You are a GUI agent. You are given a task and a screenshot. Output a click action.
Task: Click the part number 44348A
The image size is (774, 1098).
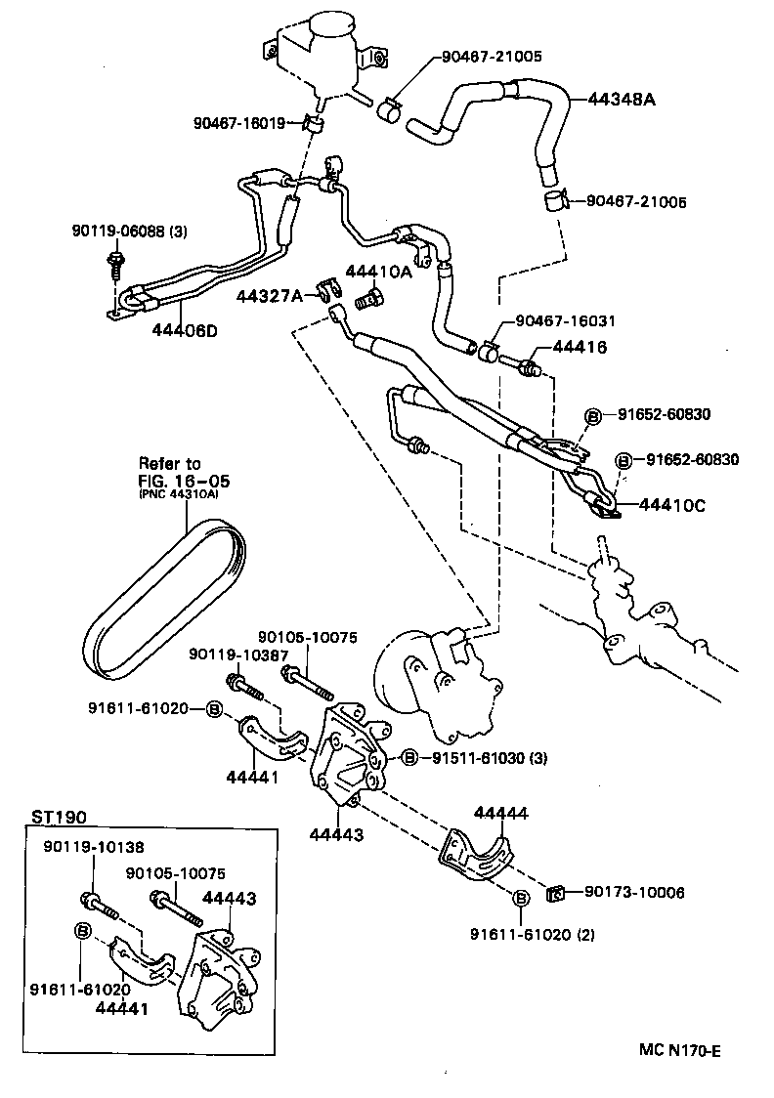coord(621,99)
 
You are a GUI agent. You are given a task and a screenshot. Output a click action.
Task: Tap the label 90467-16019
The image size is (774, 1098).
coord(239,123)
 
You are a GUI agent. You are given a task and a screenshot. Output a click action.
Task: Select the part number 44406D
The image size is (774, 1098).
coord(185,330)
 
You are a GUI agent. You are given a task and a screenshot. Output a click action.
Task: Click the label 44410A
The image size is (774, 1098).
coord(377,272)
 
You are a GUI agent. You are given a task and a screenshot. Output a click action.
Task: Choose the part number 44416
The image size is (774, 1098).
coord(580,348)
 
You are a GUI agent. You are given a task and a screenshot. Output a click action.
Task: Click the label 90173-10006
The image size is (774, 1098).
coord(634,892)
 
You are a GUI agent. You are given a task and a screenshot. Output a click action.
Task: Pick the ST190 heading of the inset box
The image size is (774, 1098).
coord(55,816)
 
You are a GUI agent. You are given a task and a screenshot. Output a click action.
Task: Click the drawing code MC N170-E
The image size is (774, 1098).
coord(680,1051)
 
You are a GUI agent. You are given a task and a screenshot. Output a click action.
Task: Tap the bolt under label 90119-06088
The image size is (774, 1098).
coord(116,262)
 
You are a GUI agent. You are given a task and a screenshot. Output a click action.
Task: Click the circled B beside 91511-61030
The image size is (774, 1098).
coord(410,756)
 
